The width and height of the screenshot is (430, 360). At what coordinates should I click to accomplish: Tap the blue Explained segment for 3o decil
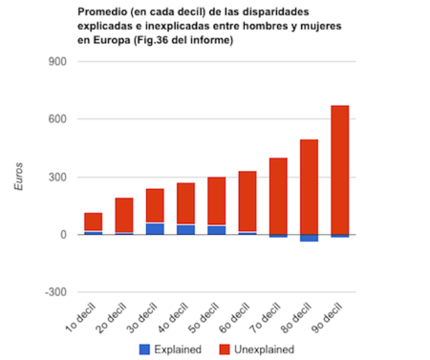coord(155,228)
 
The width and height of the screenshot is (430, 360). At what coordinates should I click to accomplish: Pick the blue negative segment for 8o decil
coord(309,238)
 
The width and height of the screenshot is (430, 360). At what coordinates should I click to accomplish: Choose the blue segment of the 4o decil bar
coord(185,229)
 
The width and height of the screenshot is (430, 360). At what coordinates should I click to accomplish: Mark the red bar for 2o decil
coord(123,215)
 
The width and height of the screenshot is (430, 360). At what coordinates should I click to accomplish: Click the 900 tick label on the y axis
coord(55,62)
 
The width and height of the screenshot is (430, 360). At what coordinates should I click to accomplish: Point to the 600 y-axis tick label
coord(55,119)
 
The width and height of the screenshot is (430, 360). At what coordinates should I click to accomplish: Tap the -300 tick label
coord(54,292)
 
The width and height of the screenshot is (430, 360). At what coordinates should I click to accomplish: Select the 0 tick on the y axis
coord(61,235)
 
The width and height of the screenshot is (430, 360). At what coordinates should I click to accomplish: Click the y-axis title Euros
coord(18,177)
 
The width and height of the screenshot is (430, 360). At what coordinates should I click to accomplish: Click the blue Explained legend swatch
coord(145,349)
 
